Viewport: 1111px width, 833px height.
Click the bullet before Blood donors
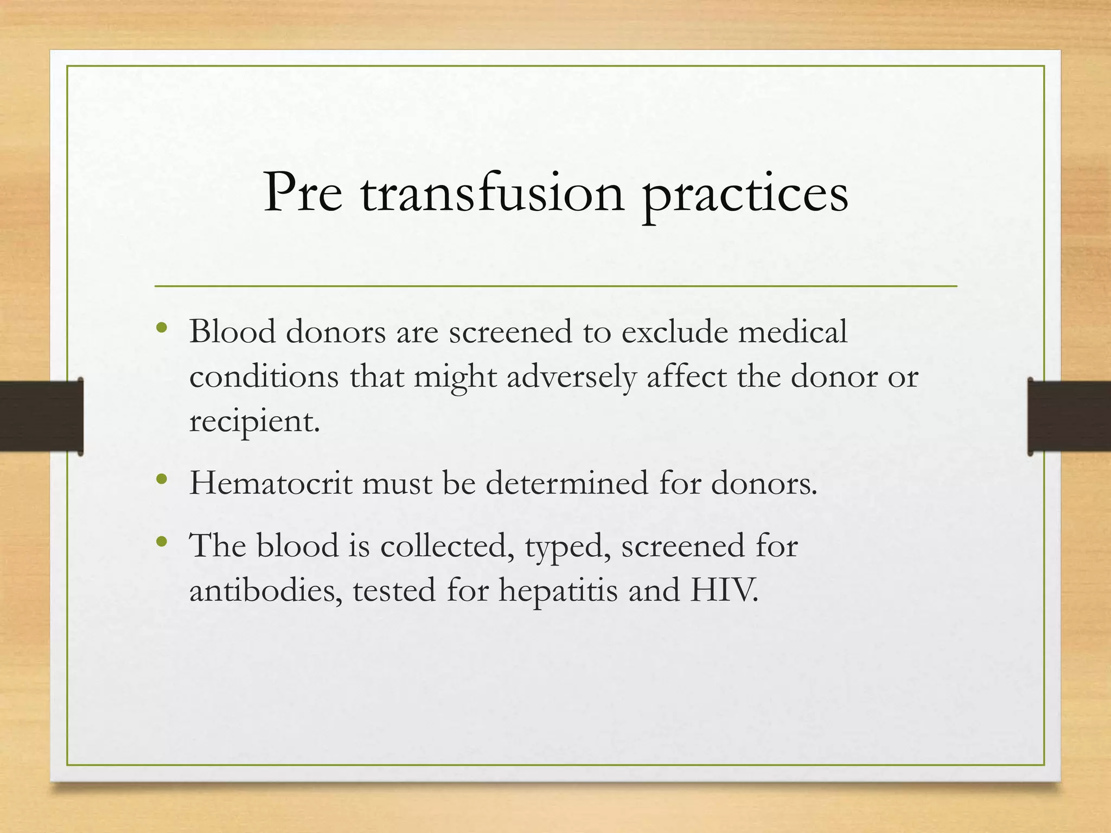[x=161, y=328]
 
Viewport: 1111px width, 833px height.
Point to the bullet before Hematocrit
[x=161, y=479]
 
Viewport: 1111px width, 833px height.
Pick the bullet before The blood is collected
[x=161, y=542]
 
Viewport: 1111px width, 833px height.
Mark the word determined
[x=566, y=483]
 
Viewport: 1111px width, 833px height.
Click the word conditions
[x=264, y=376]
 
